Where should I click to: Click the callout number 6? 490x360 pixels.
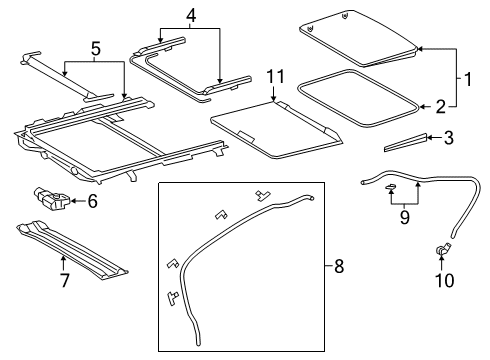click(x=92, y=201)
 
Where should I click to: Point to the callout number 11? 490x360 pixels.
click(x=275, y=76)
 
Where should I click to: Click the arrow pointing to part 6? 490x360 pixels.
click(x=78, y=201)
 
